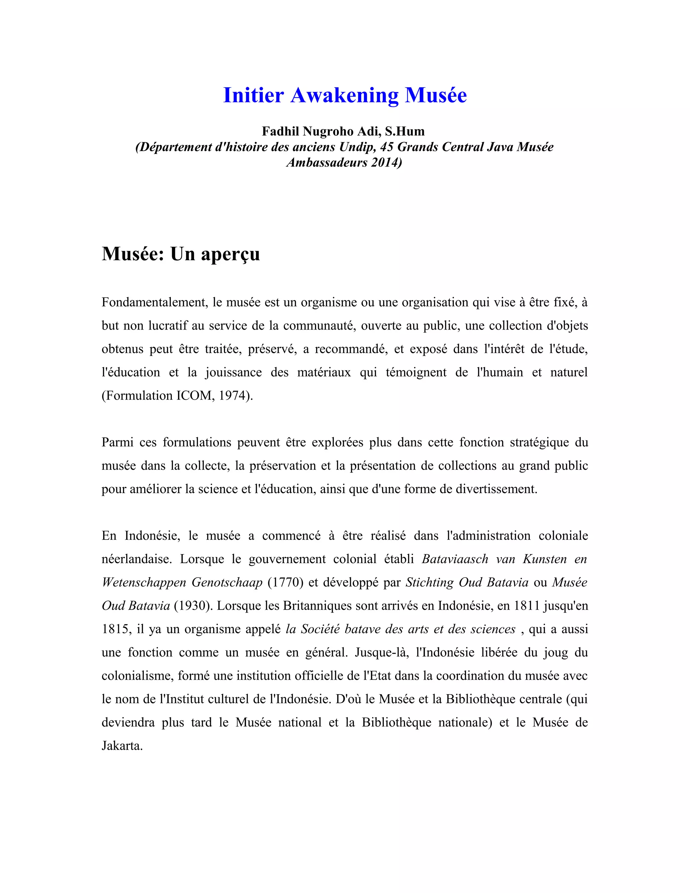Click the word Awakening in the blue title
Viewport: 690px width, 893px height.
(344, 95)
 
